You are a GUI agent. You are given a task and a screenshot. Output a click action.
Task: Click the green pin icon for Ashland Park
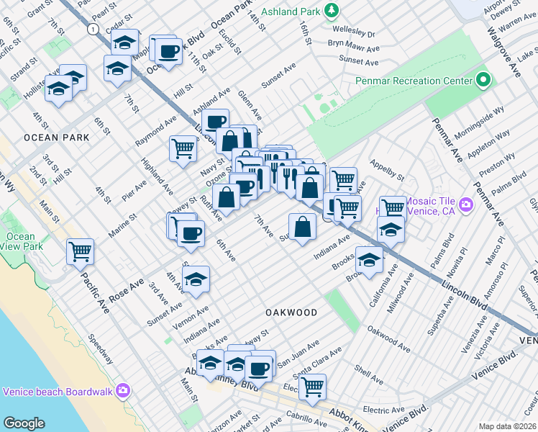(332, 10)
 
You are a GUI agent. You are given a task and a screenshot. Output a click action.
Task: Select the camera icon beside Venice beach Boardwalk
(123, 391)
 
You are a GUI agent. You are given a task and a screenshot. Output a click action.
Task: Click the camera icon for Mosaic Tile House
(467, 206)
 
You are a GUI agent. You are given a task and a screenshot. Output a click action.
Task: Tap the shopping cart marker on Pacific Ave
(80, 251)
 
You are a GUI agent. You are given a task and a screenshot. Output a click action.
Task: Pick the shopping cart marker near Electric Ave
(312, 387)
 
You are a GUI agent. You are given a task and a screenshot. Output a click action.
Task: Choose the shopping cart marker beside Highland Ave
(183, 148)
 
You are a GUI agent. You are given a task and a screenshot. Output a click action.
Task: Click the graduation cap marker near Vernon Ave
(196, 280)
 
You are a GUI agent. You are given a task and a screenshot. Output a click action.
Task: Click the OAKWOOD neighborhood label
(291, 312)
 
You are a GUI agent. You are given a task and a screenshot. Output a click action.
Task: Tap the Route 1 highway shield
(93, 29)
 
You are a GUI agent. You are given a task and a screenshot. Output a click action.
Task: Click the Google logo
(24, 423)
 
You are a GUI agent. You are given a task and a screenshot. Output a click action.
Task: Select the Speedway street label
(100, 348)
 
